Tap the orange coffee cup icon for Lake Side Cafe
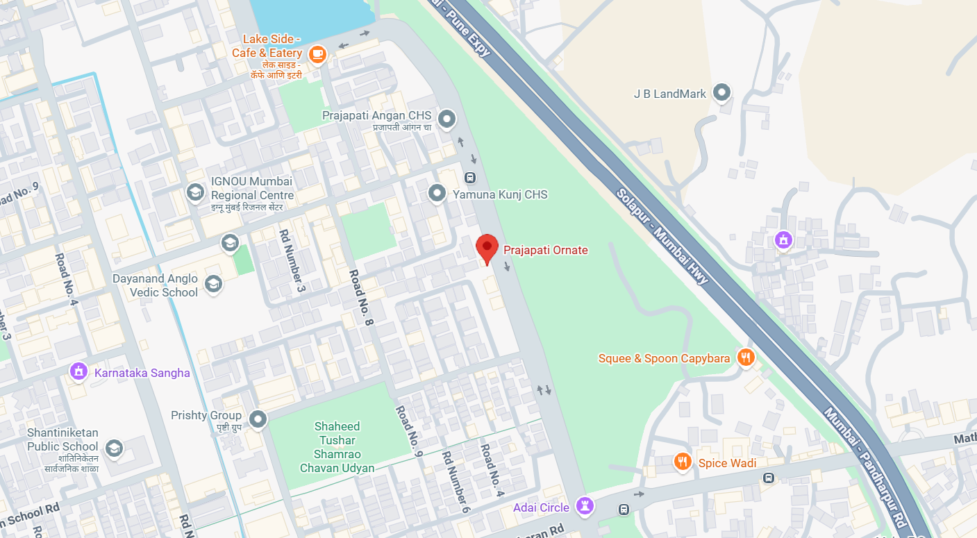coord(317,53)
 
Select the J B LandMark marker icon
coord(722,92)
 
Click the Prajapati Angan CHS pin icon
coord(446,119)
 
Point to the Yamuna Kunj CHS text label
coord(500,194)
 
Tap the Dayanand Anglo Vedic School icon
coord(213,283)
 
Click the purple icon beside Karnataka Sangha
coord(78,372)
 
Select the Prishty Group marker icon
coord(258,419)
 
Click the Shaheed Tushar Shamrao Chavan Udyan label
coord(337,447)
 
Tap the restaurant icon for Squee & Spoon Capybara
coord(746,358)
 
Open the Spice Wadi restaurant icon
coord(683,462)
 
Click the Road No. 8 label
coord(362,298)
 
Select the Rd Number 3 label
coord(292,260)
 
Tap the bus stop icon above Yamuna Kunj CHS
coord(470,177)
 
